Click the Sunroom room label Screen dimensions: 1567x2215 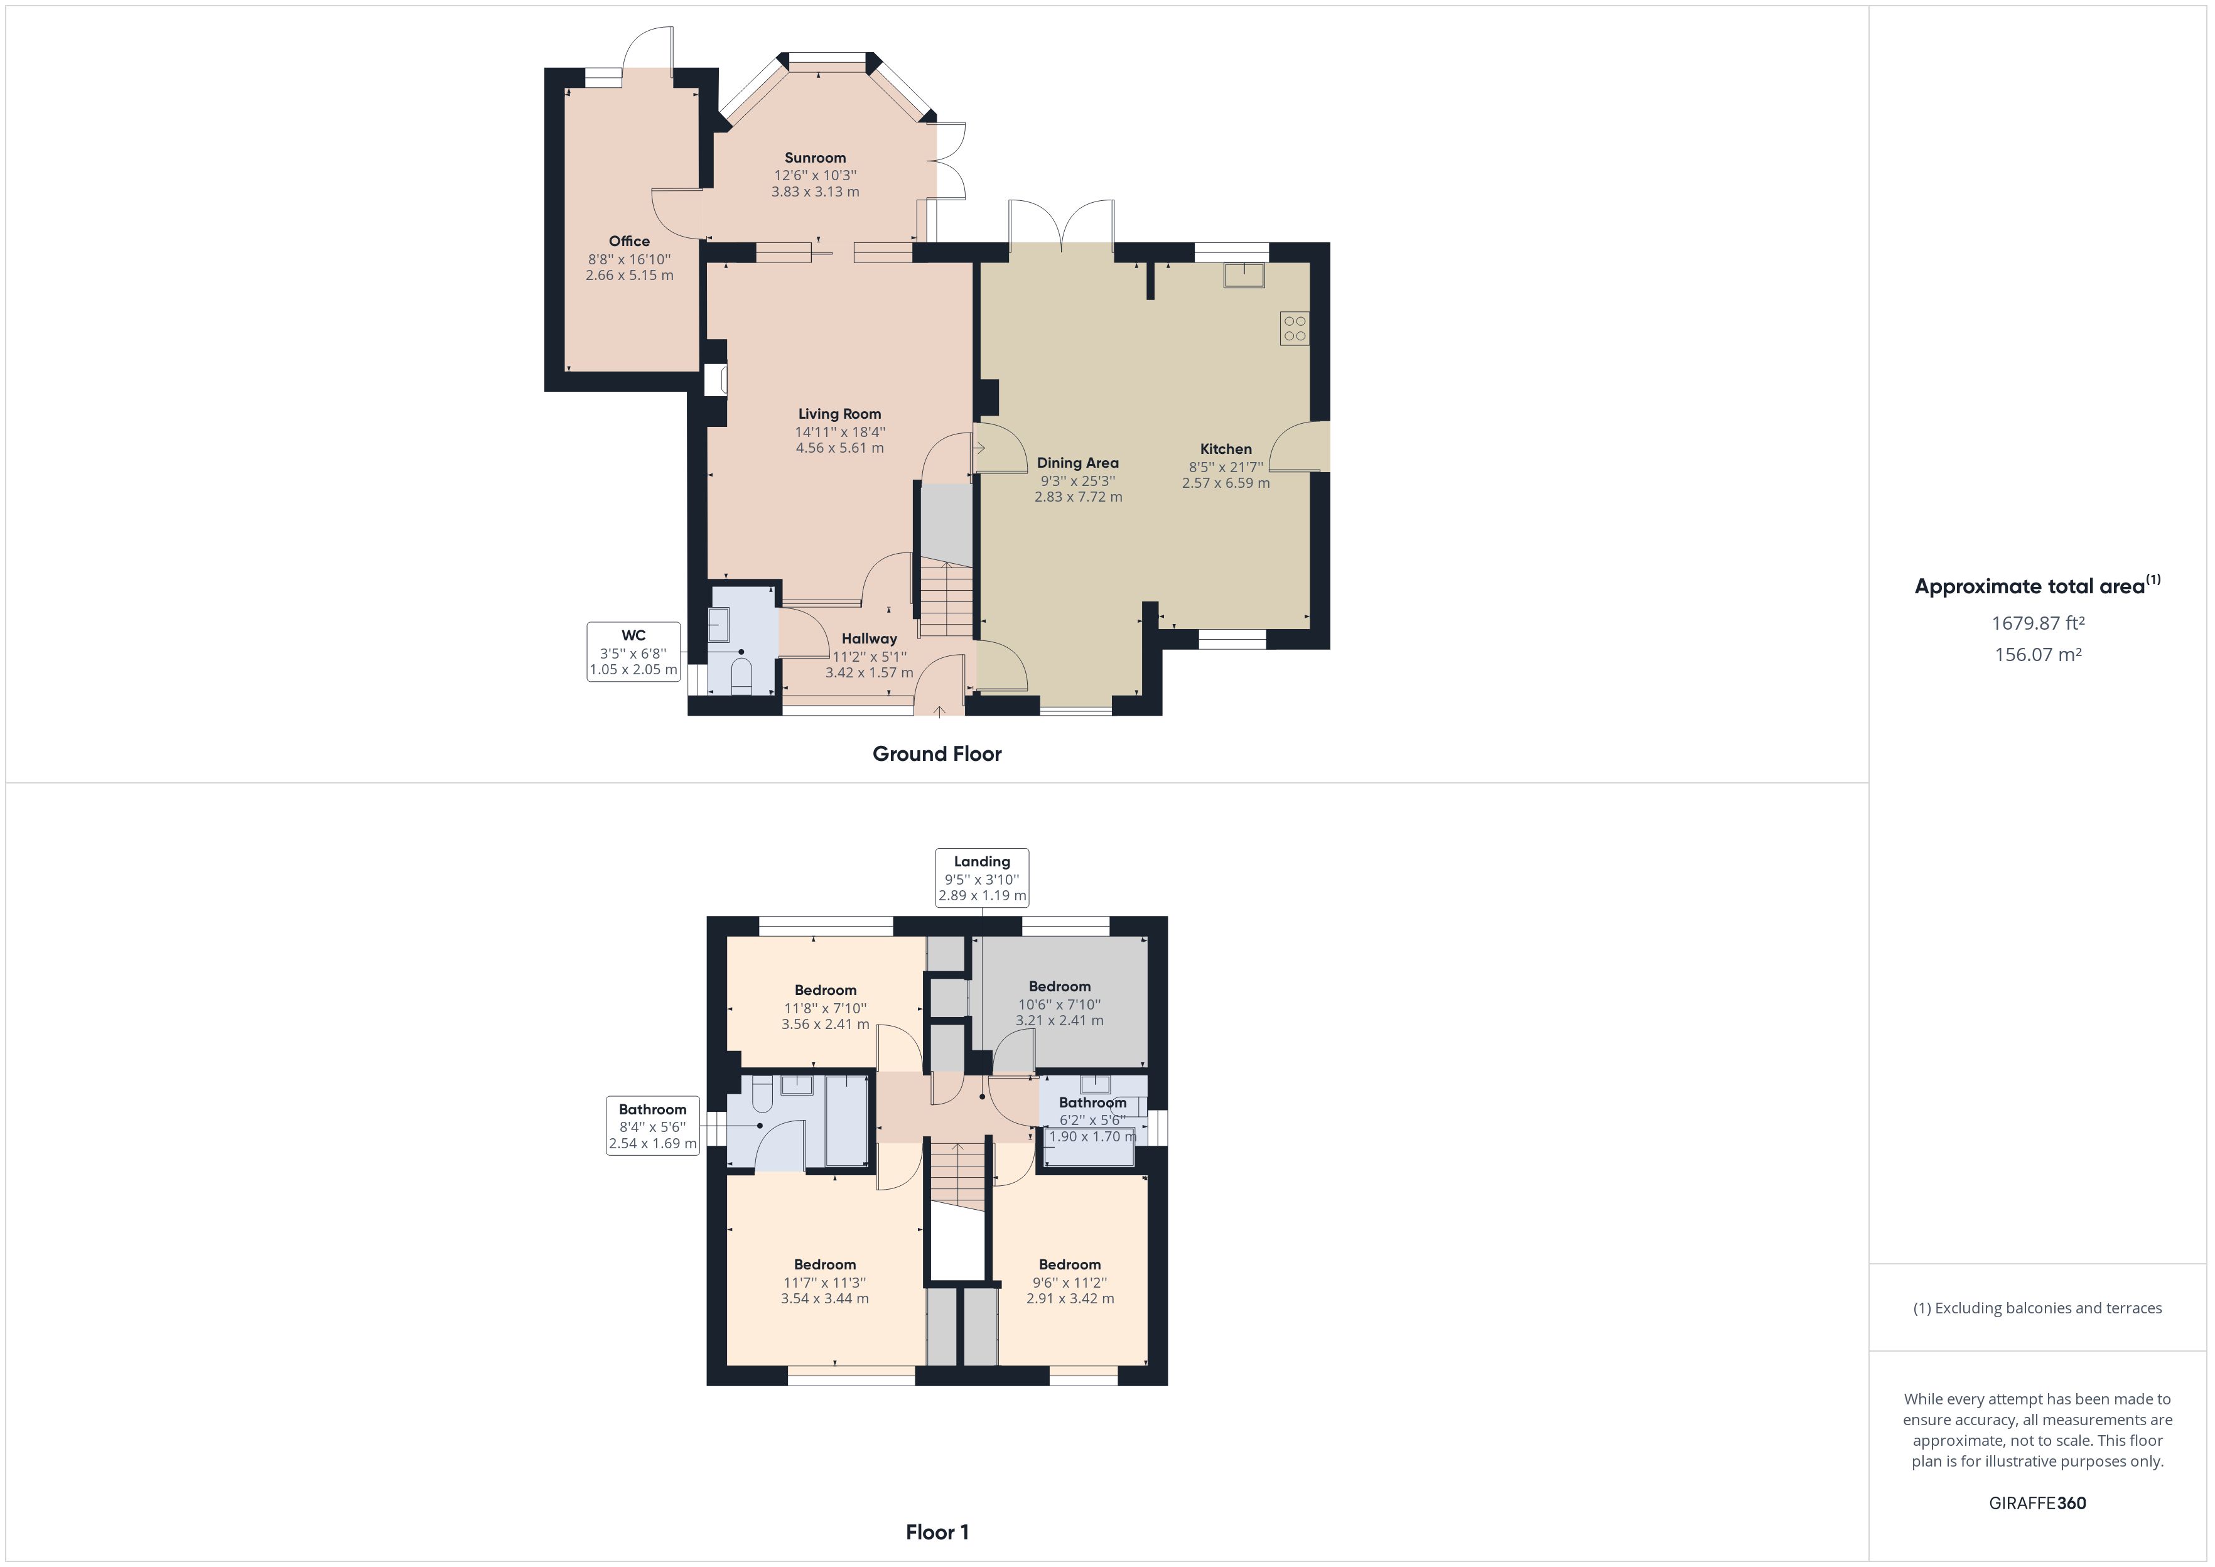814,158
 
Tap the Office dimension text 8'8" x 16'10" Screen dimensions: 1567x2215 629,259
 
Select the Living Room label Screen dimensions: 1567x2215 839,414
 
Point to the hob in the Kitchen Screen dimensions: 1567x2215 1295,329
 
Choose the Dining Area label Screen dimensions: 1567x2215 1077,463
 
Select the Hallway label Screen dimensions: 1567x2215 869,638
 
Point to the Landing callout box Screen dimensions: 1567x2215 982,877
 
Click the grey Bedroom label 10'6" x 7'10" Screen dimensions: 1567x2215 1059,986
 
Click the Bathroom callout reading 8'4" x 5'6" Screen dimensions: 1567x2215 652,1126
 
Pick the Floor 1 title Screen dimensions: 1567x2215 937,1532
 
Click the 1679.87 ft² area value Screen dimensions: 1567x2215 2037,623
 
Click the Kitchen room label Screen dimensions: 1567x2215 1225,450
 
